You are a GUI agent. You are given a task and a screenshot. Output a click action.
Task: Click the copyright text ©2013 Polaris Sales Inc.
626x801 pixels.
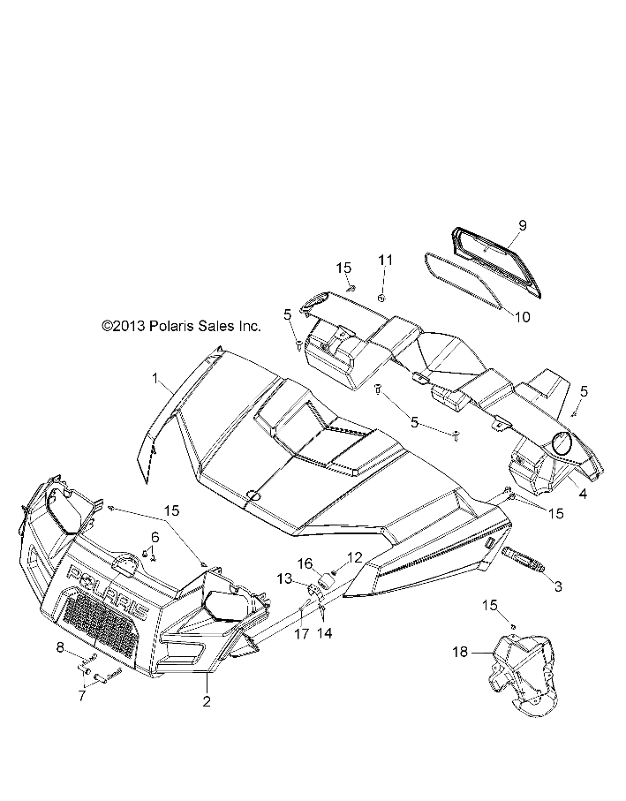(x=182, y=326)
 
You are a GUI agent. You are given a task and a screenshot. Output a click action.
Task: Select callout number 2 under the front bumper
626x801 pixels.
(x=207, y=702)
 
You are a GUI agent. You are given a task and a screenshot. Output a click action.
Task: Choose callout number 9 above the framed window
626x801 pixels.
(x=522, y=226)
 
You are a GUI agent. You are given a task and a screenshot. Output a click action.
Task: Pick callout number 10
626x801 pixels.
(x=522, y=316)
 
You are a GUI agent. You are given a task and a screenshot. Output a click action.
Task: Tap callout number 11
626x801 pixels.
(x=384, y=260)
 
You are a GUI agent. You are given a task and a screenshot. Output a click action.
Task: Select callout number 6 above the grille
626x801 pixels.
(x=155, y=537)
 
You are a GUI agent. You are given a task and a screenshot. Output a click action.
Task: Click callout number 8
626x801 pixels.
(x=61, y=648)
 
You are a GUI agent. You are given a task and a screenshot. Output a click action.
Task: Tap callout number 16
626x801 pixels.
(x=304, y=563)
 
